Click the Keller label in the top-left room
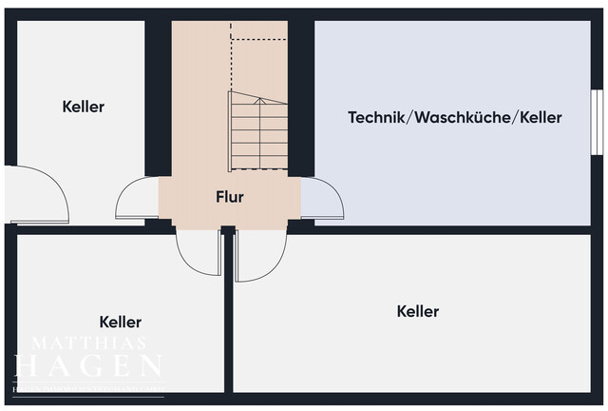(84, 107)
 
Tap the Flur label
(230, 198)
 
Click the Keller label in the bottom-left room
(121, 323)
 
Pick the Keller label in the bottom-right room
(418, 311)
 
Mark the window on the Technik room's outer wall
(597, 120)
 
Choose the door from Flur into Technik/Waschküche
(321, 199)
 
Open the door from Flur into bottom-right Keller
(260, 255)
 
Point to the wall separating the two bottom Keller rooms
(228, 314)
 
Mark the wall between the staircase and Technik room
(301, 95)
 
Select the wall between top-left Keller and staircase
(158, 95)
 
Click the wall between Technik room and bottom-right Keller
(456, 229)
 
